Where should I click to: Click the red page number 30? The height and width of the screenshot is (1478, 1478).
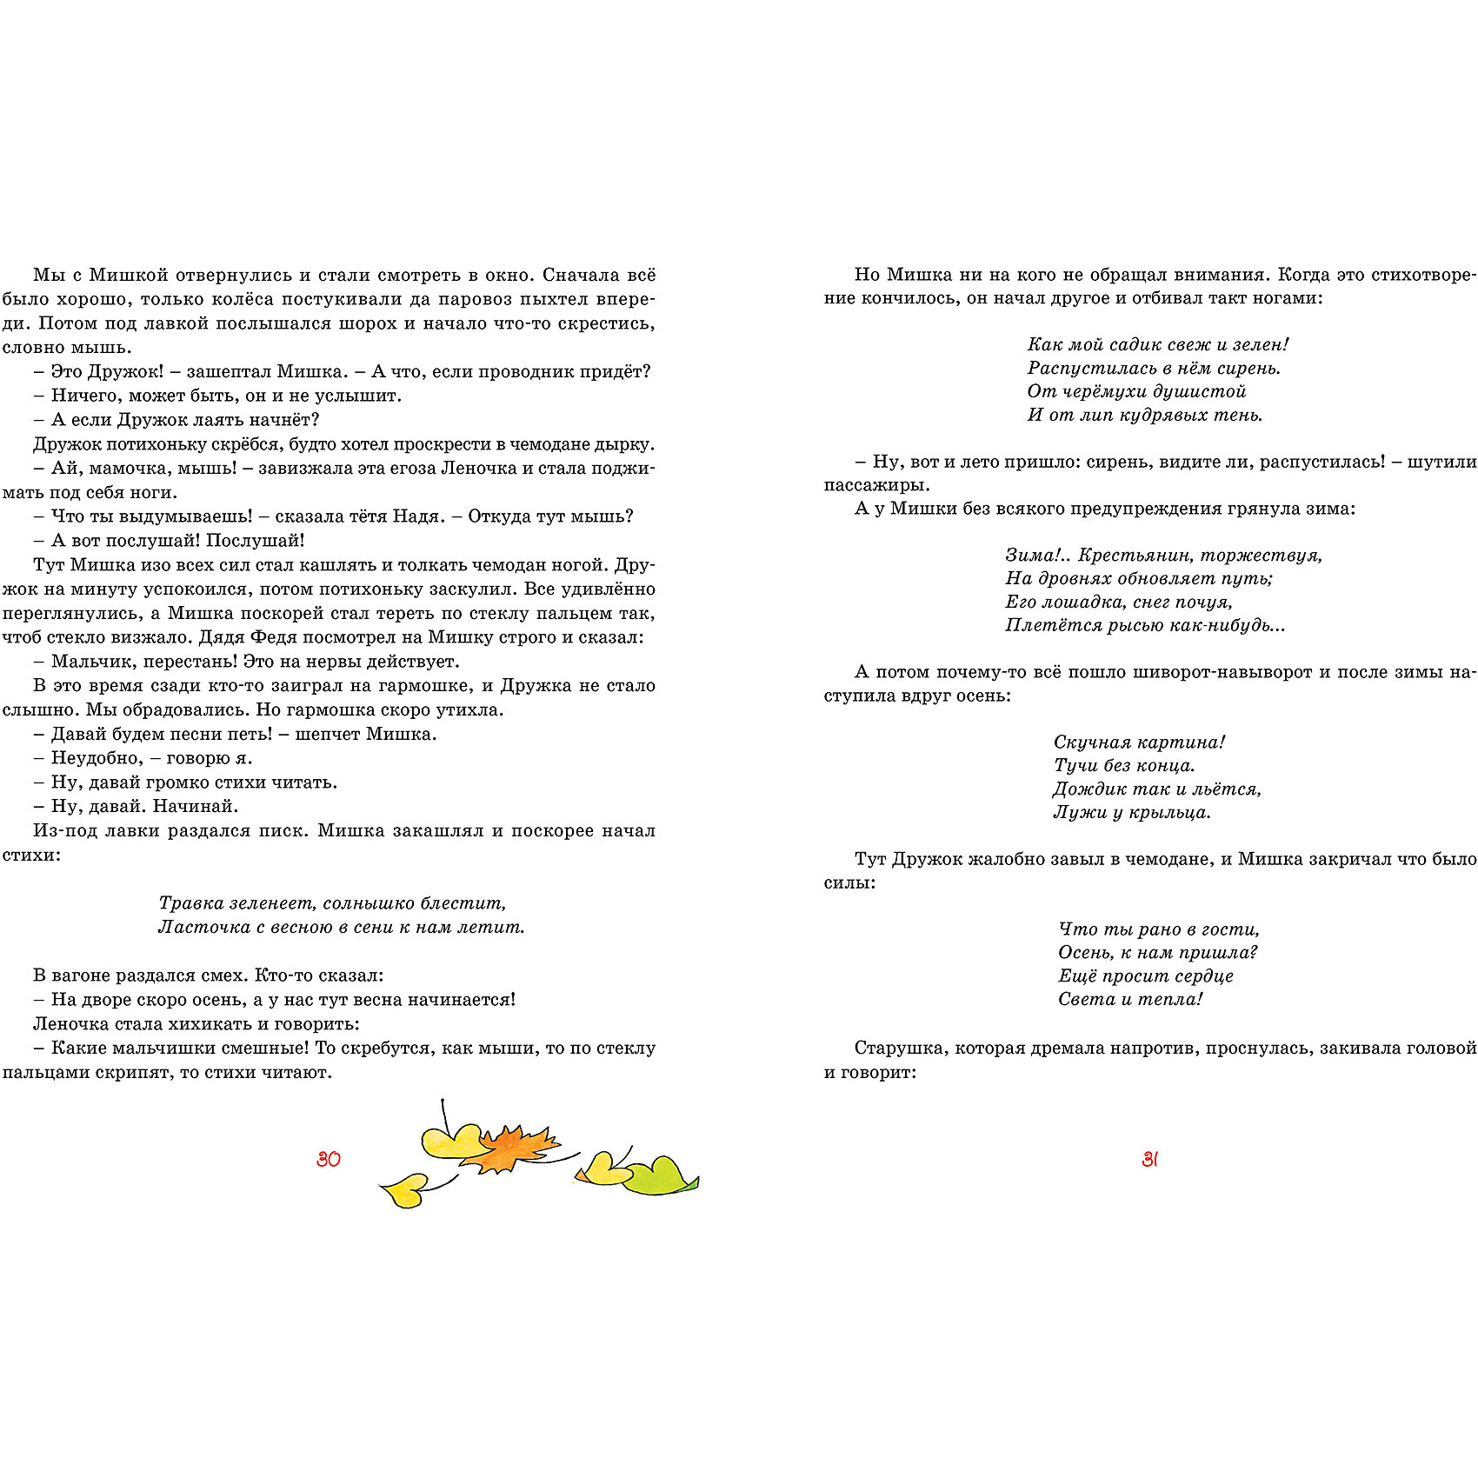(x=329, y=1159)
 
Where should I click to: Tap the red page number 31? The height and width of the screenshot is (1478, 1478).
(x=1149, y=1159)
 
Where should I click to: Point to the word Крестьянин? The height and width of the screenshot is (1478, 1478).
(x=1132, y=555)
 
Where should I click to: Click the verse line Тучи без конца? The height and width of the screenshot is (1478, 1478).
(x=1124, y=766)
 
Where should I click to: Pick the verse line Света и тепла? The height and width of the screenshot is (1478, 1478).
(x=1130, y=999)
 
